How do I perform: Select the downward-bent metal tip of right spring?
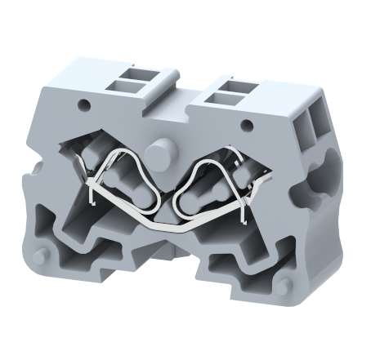point(243,214)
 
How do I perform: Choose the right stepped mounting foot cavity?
point(237,266)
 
